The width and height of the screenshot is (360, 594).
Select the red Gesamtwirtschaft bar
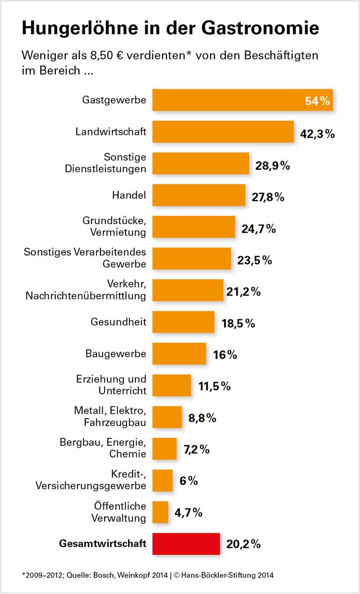186,544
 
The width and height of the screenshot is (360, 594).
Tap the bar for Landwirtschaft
223,132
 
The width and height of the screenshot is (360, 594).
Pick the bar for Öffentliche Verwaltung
160,512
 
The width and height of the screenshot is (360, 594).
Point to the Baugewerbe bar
179,353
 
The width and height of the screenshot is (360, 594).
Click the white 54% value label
317,101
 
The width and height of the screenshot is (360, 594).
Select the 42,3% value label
317,134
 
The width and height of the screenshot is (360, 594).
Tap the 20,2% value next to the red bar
243,544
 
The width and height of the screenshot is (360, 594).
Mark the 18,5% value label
238,323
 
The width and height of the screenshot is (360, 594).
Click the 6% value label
188,481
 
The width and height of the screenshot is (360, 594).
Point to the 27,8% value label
267,197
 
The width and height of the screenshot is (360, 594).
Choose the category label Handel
129,195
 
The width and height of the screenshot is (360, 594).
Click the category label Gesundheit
118,322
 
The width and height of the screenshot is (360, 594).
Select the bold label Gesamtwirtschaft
103,544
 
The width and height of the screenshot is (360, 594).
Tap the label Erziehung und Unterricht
111,384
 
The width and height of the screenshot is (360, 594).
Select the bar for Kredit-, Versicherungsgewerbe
162,481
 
